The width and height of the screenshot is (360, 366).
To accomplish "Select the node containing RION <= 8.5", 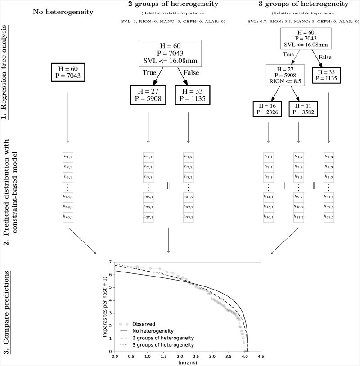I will click(285, 76).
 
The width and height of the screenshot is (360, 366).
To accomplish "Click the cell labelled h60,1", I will click(68, 216).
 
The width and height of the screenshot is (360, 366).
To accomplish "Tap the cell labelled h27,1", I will click(148, 216).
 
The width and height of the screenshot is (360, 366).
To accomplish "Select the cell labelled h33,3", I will click(329, 216).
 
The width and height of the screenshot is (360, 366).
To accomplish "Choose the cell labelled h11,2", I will click(299, 216).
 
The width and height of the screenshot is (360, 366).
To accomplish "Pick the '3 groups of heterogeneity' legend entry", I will click(165, 344).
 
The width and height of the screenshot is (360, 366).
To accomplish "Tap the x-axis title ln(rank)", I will click(188, 362).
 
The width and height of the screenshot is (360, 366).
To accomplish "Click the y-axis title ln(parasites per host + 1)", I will click(104, 306).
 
